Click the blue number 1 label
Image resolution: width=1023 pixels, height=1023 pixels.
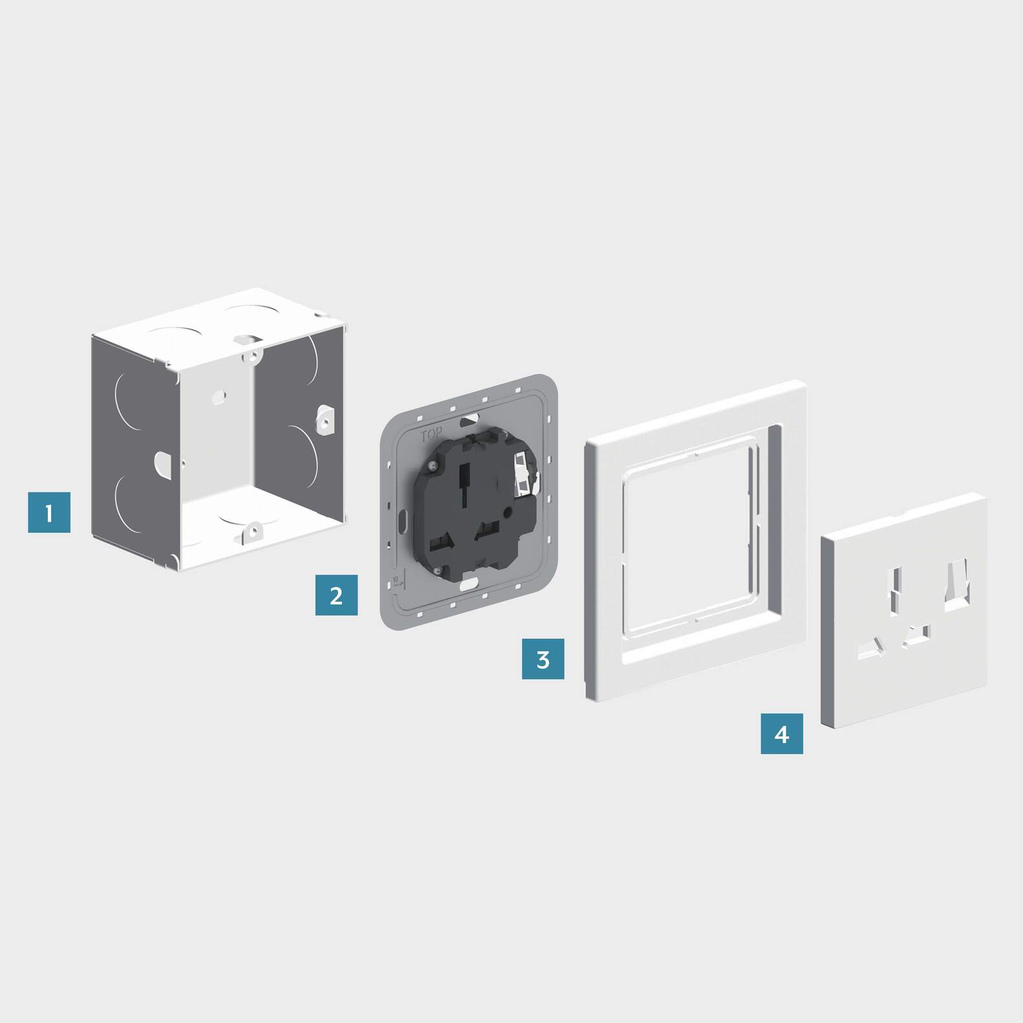[49, 512]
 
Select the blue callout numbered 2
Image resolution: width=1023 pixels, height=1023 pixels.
[336, 594]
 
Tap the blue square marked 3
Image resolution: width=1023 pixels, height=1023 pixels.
[543, 658]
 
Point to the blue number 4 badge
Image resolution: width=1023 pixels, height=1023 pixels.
[781, 733]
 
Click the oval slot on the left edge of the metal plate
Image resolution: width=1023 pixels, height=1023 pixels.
[402, 519]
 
